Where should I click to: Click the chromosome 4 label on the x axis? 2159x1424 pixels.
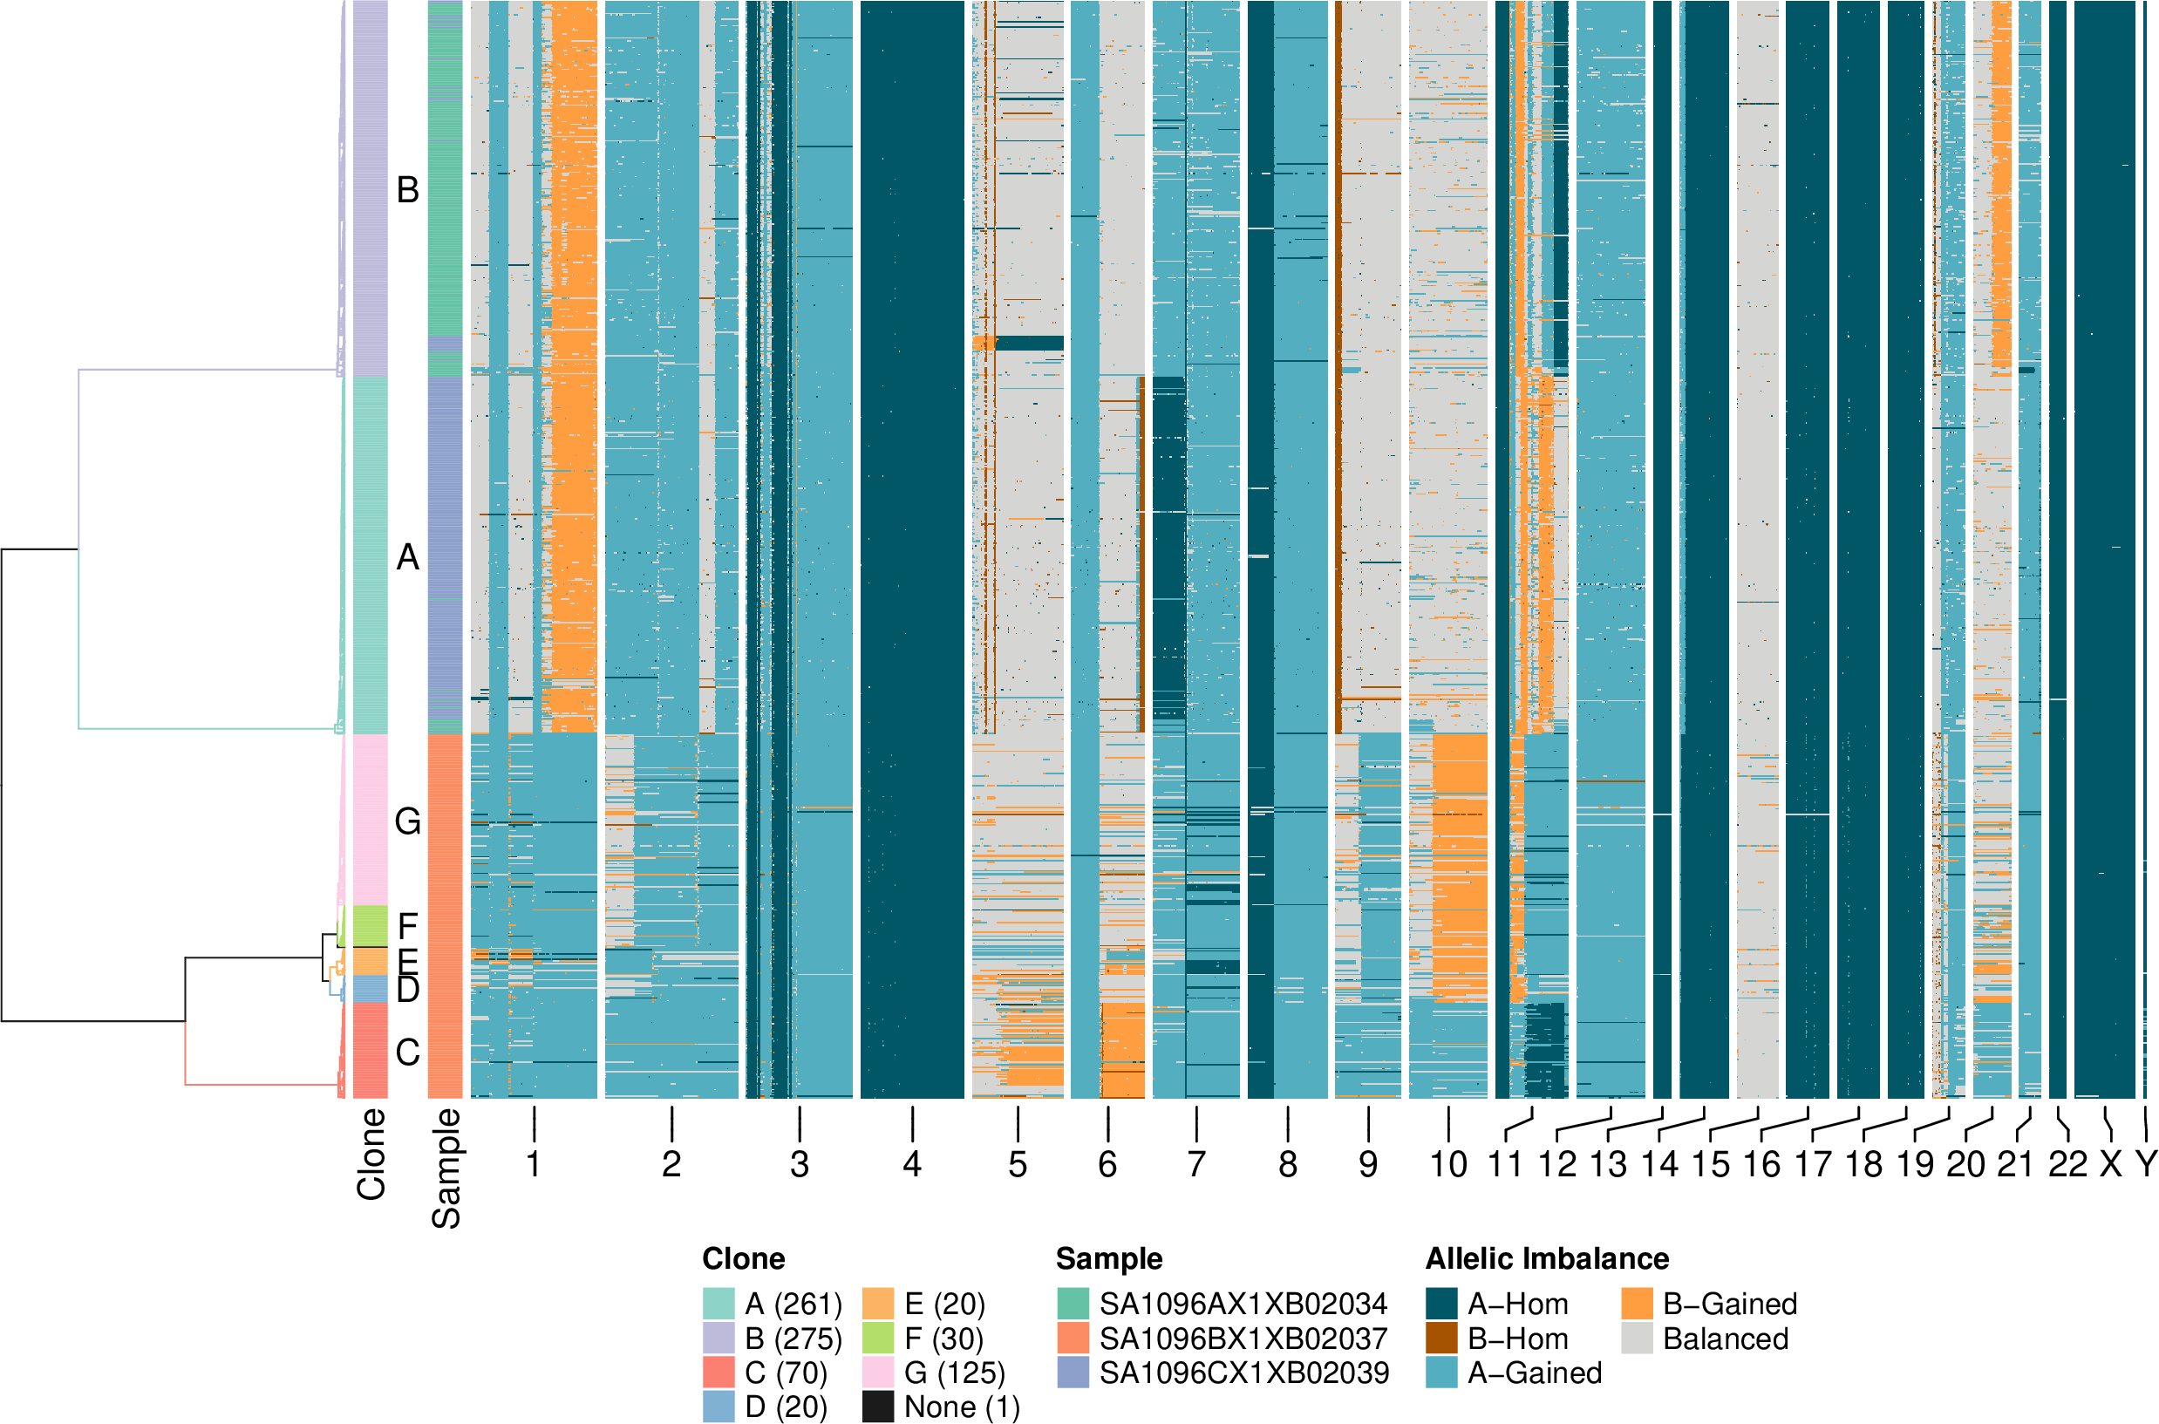click(x=911, y=1164)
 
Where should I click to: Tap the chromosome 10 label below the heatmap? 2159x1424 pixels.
click(x=1448, y=1164)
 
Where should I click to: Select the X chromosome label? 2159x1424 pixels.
click(x=2111, y=1164)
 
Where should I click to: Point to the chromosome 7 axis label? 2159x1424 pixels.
click(x=1196, y=1164)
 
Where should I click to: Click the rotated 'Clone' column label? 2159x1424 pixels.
click(x=371, y=1155)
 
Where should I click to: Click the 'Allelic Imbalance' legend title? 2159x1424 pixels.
click(x=1547, y=1258)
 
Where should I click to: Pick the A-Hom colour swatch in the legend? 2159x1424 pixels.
click(x=1441, y=1305)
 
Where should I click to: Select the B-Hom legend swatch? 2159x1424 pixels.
click(x=1441, y=1339)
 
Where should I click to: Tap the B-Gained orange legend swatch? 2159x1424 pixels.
click(x=1637, y=1305)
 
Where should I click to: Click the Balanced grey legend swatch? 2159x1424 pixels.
click(x=1637, y=1339)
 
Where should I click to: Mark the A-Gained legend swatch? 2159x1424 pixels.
click(x=1441, y=1373)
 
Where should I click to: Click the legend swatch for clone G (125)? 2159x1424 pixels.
click(x=878, y=1373)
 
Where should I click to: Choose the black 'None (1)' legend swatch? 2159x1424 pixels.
click(x=878, y=1407)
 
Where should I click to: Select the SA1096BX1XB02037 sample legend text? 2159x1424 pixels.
click(x=1243, y=1339)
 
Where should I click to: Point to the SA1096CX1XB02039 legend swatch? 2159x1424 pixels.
click(x=1073, y=1373)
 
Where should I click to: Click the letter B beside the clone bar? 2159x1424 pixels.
click(x=408, y=190)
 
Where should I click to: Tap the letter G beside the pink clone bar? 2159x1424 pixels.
click(x=408, y=822)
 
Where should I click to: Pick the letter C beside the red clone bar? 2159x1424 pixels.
click(x=408, y=1053)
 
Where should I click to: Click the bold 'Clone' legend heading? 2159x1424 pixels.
click(x=744, y=1258)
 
